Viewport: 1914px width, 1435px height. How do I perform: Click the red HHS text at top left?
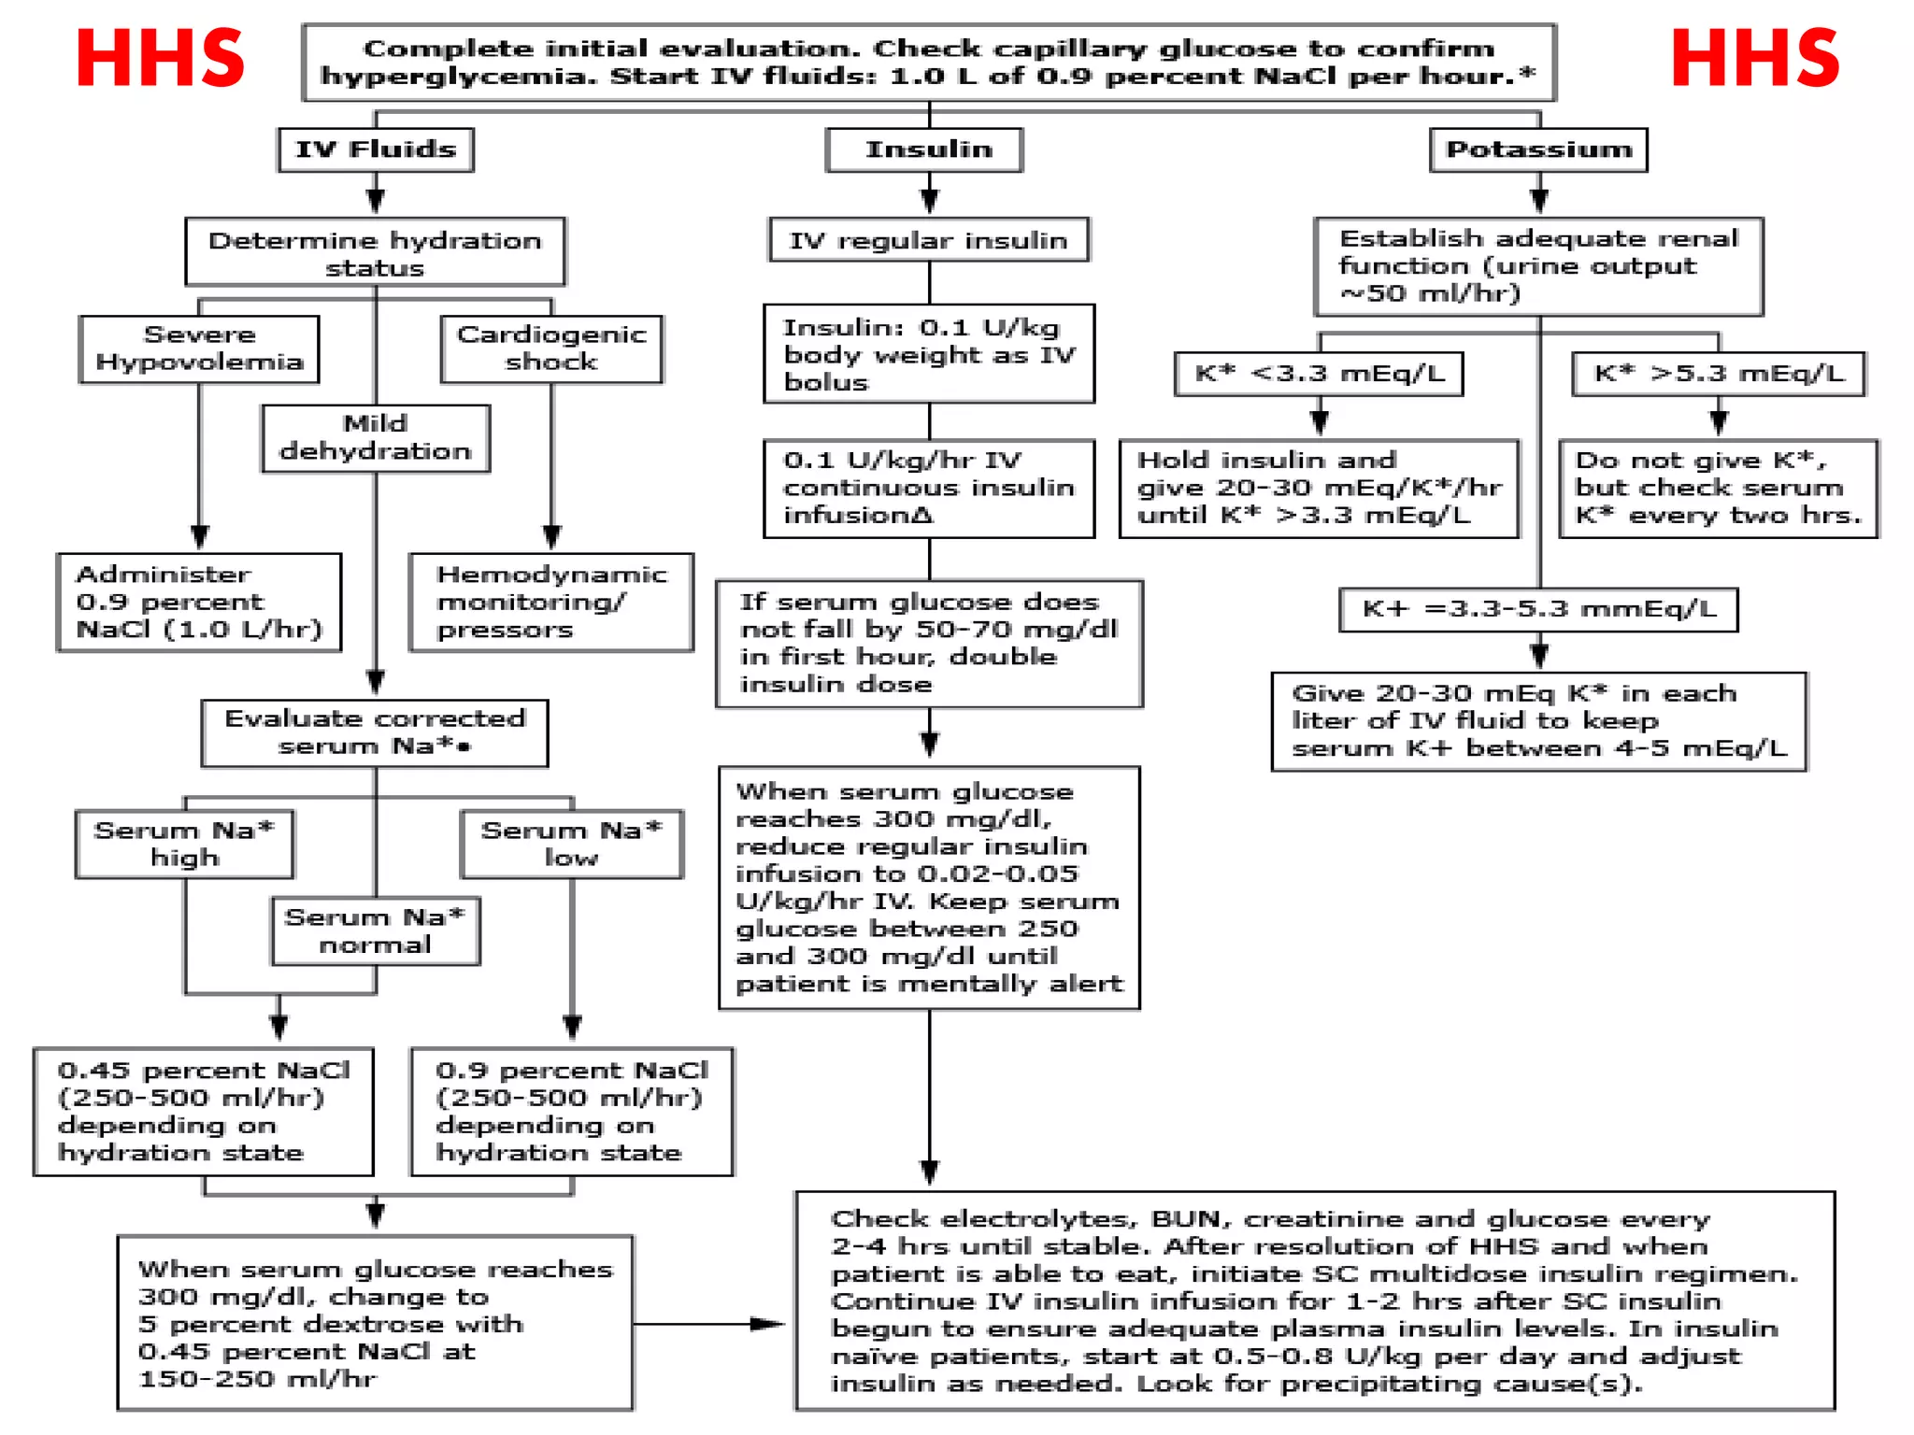[x=160, y=59]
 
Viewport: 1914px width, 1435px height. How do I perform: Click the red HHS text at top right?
[x=1754, y=59]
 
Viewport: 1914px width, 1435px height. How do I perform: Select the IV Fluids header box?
[x=376, y=149]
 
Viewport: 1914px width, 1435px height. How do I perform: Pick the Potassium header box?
[x=1538, y=149]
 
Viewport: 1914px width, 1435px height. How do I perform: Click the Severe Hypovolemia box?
[x=199, y=348]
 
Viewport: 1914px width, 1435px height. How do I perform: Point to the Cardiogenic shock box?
[x=551, y=348]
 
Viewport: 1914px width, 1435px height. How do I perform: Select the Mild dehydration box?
[x=376, y=437]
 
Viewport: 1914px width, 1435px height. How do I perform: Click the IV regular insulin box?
[x=929, y=240]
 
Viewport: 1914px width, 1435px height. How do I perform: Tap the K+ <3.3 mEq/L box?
[x=1319, y=374]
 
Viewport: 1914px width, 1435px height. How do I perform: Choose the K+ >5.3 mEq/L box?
[x=1718, y=374]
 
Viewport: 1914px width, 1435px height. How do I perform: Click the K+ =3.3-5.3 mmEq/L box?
[x=1538, y=609]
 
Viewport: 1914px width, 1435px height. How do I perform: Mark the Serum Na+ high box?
[x=184, y=844]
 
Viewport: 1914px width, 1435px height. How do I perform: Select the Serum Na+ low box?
[x=571, y=844]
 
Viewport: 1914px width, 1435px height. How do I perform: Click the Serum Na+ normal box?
[x=376, y=931]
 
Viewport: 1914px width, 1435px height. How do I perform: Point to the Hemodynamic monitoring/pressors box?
[x=551, y=602]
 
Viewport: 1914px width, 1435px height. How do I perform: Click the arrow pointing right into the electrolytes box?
[x=766, y=1324]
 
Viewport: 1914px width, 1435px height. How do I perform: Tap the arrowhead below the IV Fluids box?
[x=376, y=200]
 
